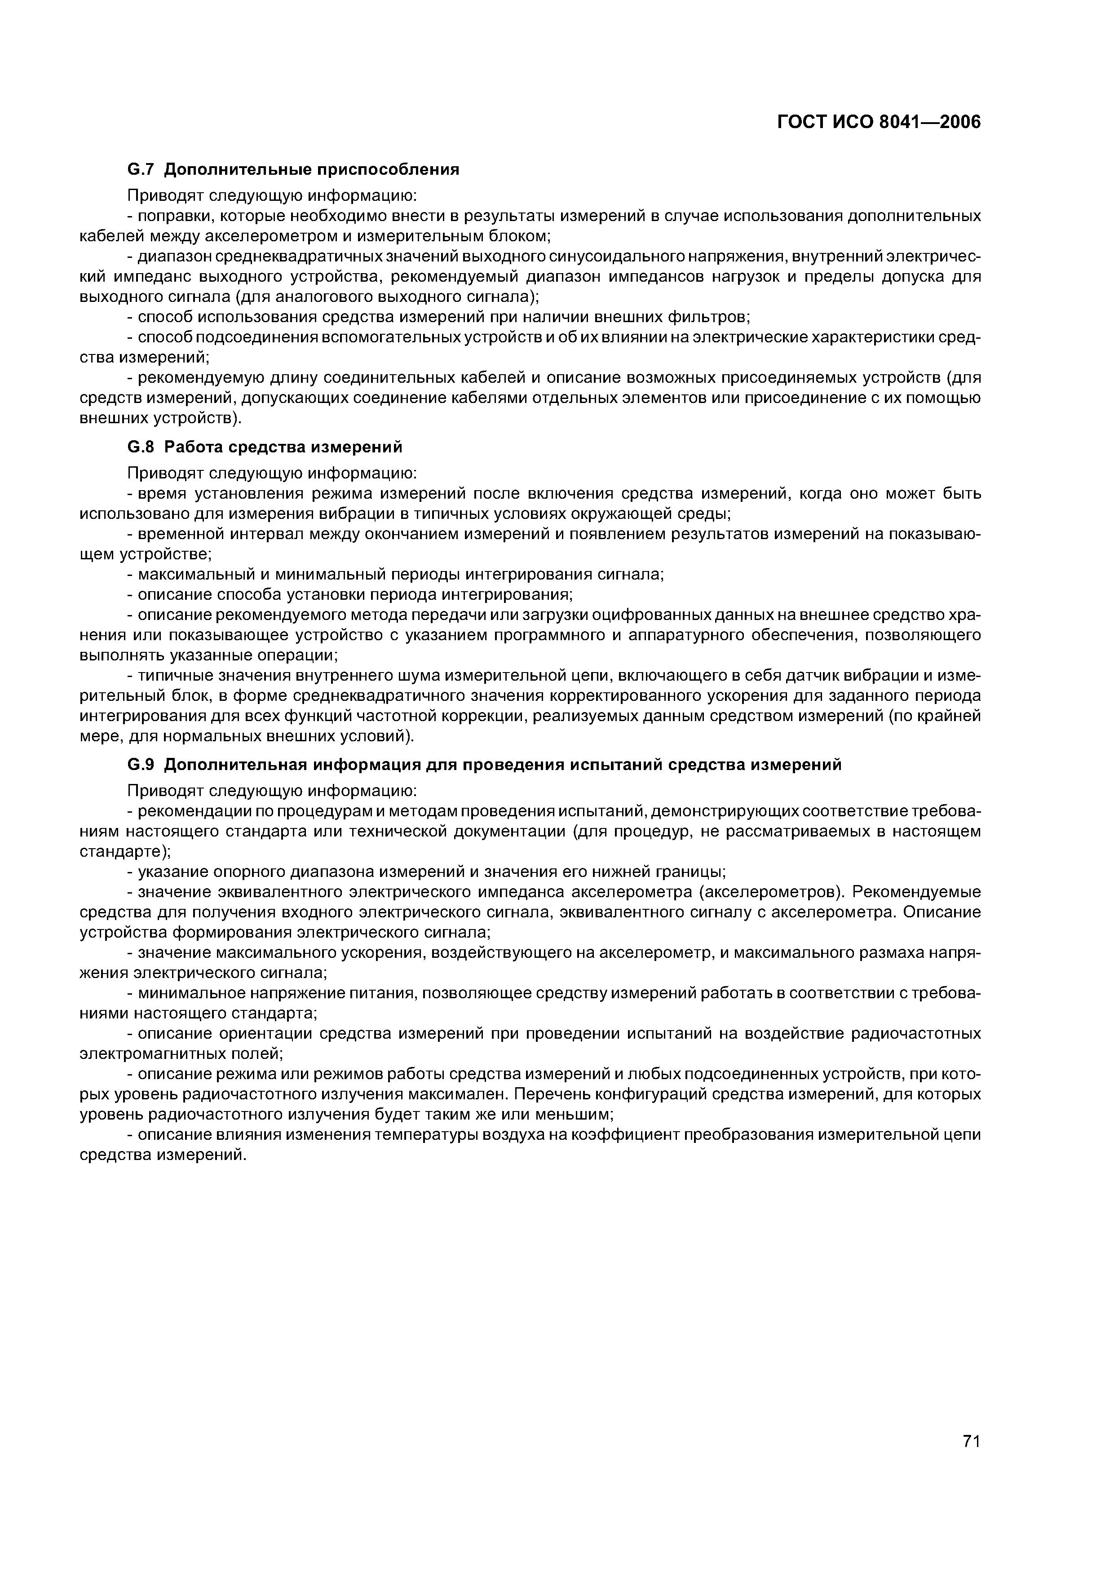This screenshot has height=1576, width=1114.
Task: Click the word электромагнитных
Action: point(147,1054)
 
